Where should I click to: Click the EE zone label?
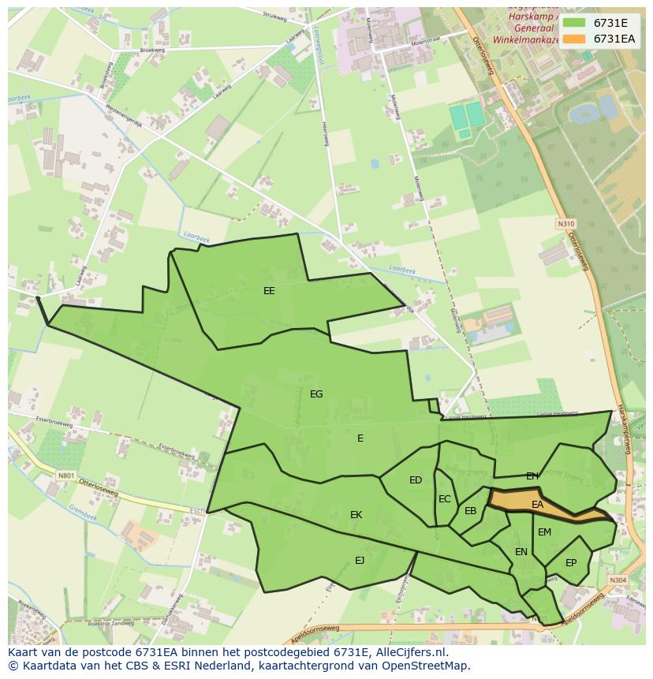click(x=269, y=291)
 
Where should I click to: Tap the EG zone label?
click(x=316, y=394)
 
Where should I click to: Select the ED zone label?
click(x=416, y=480)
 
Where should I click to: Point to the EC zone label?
click(x=445, y=499)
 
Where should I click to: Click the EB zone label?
click(x=471, y=511)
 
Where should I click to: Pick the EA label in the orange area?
click(x=538, y=505)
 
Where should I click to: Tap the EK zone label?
click(x=356, y=515)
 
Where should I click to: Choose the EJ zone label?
click(x=360, y=561)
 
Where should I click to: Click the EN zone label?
click(x=521, y=552)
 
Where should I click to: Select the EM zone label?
click(x=545, y=532)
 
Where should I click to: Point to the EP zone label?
click(x=571, y=563)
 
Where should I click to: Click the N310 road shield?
click(x=565, y=225)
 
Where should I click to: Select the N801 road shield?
click(x=65, y=476)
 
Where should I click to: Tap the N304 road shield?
click(x=618, y=580)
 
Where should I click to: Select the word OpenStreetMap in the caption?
click(x=430, y=666)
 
